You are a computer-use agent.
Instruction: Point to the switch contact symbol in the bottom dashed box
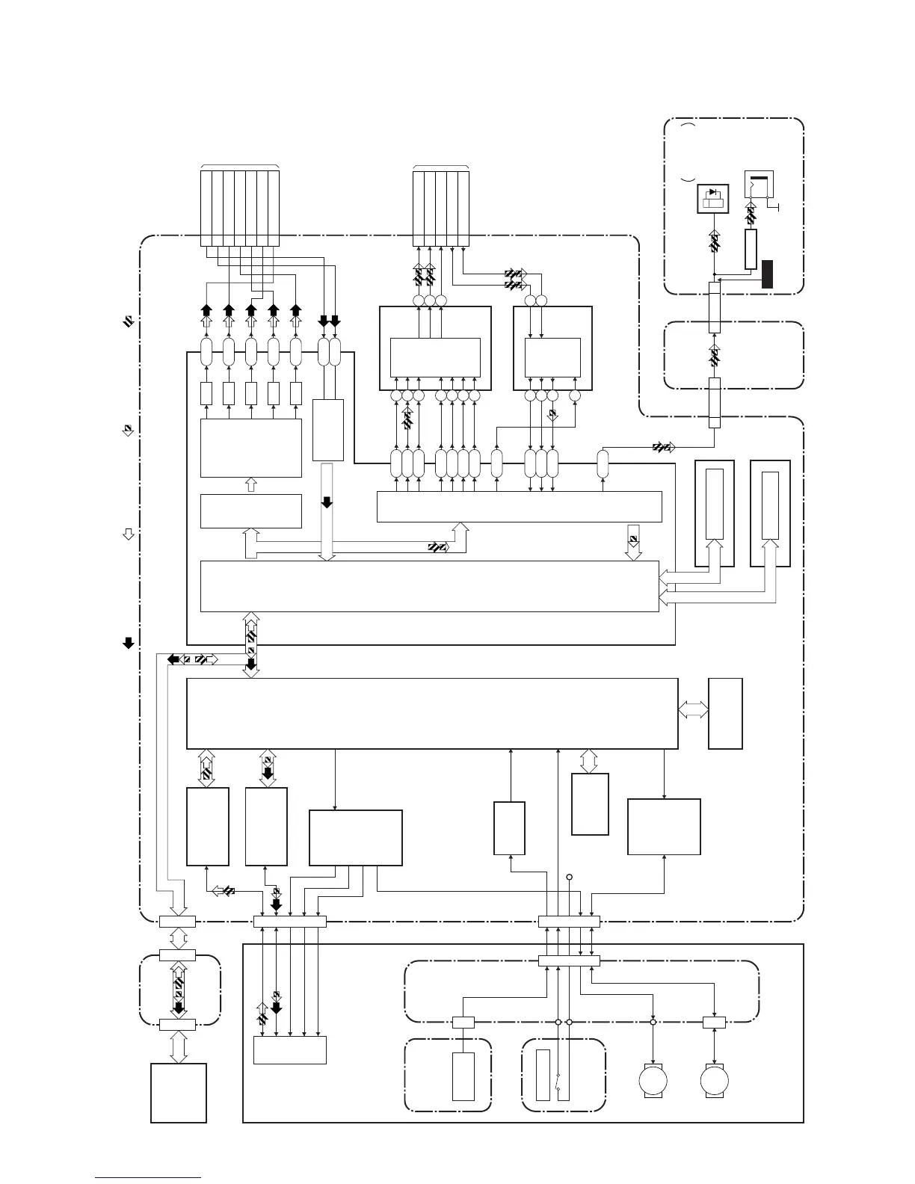(558, 1080)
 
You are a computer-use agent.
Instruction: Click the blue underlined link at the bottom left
(148, 1178)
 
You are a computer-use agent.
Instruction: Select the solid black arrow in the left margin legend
(128, 642)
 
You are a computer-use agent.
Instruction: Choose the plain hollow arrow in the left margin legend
(128, 534)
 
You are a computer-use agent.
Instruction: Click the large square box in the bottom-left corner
(179, 1093)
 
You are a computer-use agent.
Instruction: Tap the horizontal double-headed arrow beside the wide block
(693, 712)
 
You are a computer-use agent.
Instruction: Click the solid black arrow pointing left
(173, 659)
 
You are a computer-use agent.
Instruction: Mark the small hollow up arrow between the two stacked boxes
(251, 485)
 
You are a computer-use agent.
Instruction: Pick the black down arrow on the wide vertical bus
(327, 502)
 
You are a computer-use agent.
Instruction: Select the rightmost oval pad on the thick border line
(603, 463)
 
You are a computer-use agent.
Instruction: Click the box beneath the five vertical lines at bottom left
(290, 1049)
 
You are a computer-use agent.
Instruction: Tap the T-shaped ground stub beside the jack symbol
(778, 206)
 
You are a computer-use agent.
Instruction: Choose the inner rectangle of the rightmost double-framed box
(770, 505)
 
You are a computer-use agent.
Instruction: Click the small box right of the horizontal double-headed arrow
(725, 713)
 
